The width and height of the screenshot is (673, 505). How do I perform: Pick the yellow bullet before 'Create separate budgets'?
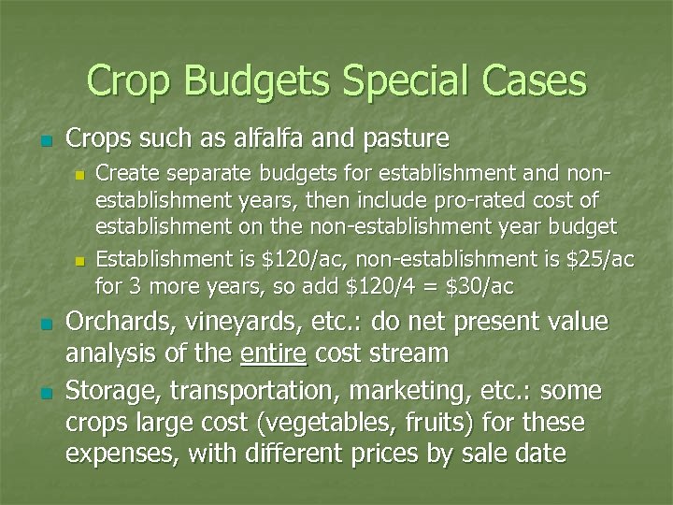[x=80, y=175]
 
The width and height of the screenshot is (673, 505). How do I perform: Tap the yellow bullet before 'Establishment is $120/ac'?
[x=80, y=259]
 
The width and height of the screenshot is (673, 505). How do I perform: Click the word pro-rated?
[x=493, y=201]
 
